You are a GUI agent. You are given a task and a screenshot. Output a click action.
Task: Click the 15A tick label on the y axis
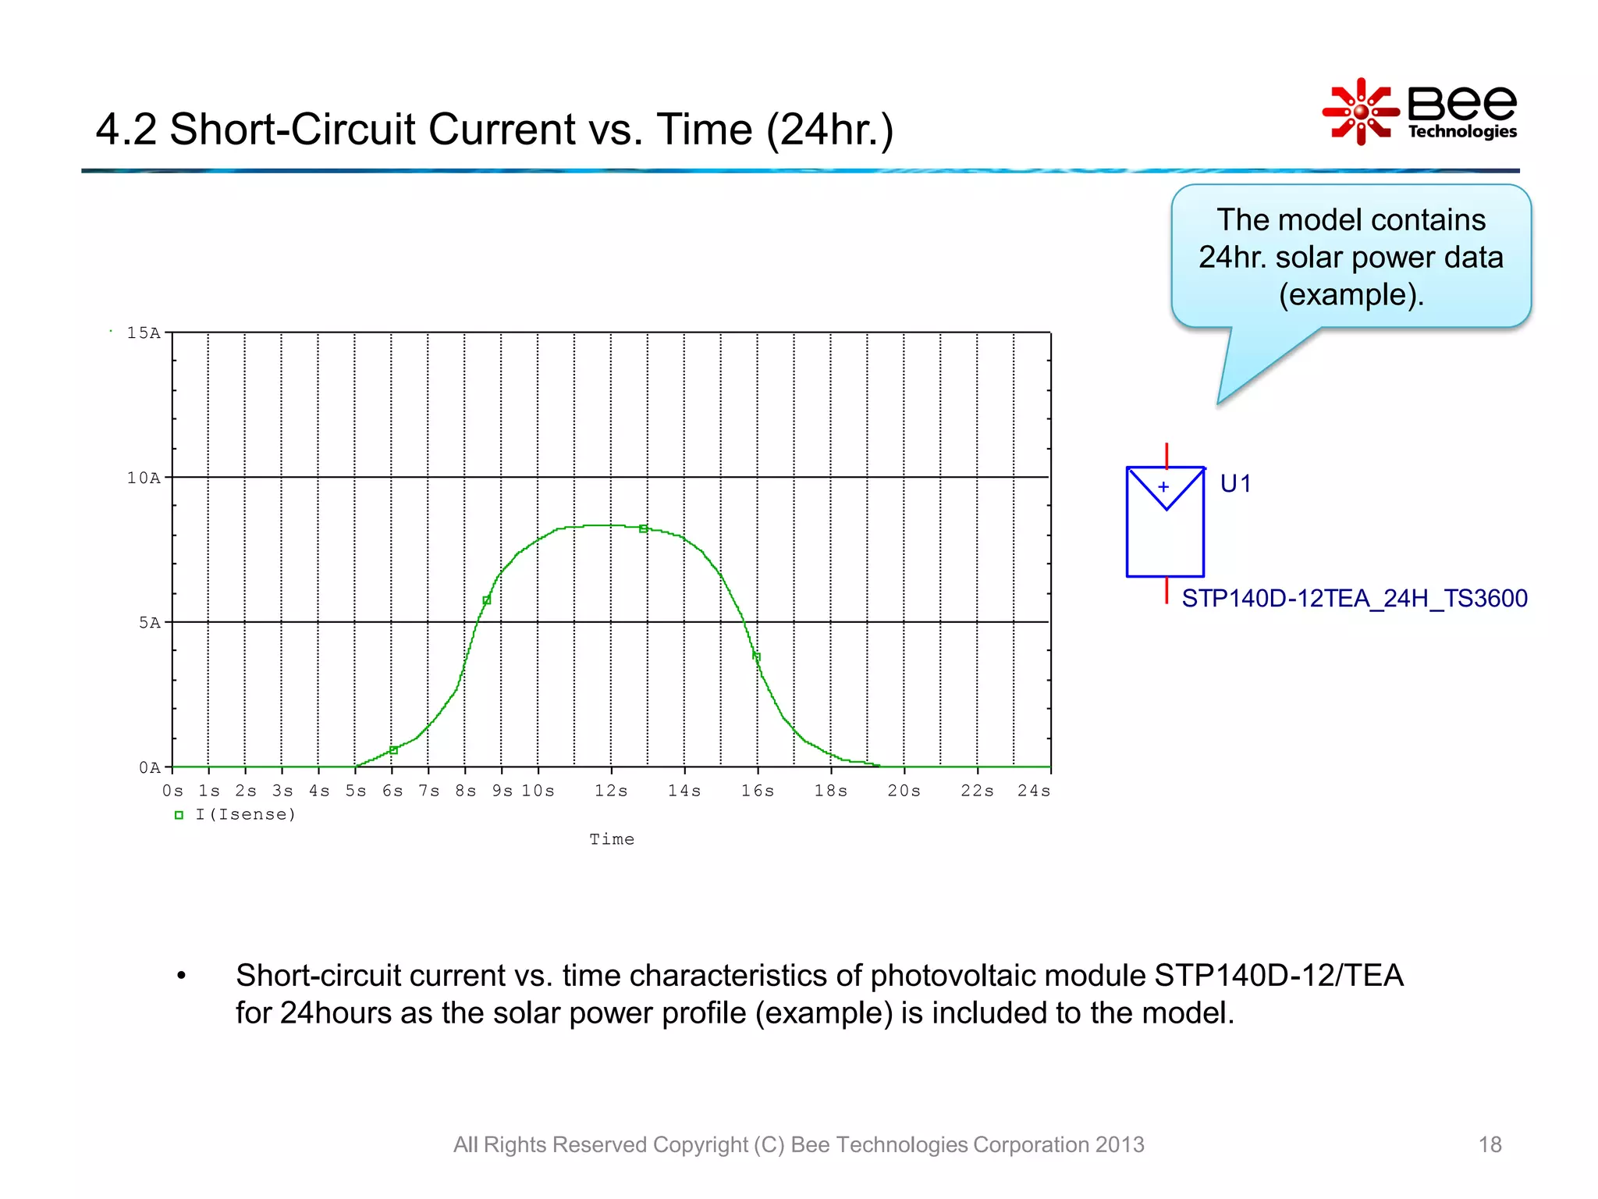click(x=144, y=333)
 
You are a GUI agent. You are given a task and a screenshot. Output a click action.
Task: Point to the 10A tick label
click(x=144, y=478)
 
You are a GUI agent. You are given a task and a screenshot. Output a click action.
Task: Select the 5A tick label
click(x=150, y=623)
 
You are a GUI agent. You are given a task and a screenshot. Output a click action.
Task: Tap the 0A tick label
click(x=150, y=768)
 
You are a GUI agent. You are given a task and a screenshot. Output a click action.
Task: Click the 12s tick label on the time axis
click(x=611, y=791)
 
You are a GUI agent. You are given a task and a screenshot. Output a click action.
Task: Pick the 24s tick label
click(x=1033, y=791)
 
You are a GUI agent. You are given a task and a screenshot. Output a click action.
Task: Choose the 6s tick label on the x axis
click(x=392, y=791)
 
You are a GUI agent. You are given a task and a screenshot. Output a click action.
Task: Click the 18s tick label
click(x=831, y=791)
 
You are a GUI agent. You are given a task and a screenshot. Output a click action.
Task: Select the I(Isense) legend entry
click(x=245, y=815)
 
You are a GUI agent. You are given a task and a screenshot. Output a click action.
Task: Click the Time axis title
click(x=612, y=840)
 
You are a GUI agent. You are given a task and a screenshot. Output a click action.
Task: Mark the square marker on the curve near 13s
click(x=643, y=528)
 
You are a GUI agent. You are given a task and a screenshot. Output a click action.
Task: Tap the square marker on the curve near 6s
click(x=393, y=750)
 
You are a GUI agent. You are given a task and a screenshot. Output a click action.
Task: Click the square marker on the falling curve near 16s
click(x=756, y=656)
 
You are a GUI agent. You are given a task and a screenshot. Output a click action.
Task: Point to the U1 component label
click(x=1235, y=484)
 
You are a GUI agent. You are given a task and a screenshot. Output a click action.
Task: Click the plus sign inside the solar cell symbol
click(x=1163, y=487)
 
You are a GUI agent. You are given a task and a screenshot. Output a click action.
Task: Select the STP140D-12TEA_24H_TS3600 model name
click(x=1354, y=599)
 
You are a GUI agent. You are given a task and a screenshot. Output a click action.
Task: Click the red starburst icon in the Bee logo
click(x=1360, y=112)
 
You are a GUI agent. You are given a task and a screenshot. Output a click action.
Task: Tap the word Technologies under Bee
click(x=1462, y=131)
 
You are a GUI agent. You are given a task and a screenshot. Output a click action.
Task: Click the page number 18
click(x=1490, y=1144)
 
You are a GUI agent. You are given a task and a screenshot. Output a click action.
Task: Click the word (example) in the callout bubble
click(x=1351, y=295)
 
